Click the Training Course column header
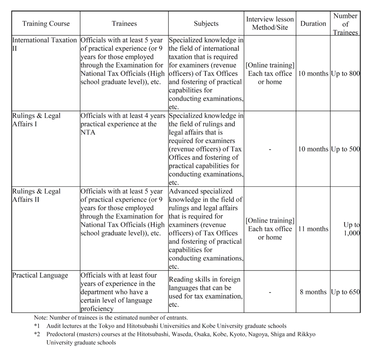(46, 24)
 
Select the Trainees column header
(124, 24)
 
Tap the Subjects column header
(206, 24)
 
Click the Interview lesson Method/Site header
(270, 23)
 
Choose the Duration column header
(313, 24)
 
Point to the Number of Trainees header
(345, 24)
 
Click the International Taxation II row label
(44, 44)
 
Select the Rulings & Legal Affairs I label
(36, 120)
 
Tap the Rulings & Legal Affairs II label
(36, 195)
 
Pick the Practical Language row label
(40, 275)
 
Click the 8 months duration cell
(313, 292)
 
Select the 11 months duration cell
(313, 229)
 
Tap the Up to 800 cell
(345, 74)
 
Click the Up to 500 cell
(345, 149)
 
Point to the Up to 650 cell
(345, 292)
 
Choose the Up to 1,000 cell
(351, 229)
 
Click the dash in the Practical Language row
(270, 292)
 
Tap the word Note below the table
(40, 318)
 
